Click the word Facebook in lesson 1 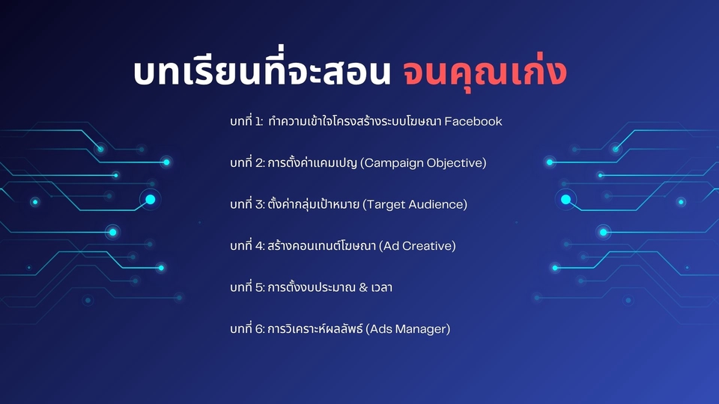click(x=473, y=121)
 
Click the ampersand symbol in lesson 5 click(x=363, y=287)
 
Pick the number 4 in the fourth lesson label click(x=260, y=246)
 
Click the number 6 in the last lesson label click(x=260, y=329)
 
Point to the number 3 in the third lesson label click(x=260, y=205)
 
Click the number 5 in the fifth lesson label click(x=260, y=287)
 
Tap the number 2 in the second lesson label click(x=260, y=163)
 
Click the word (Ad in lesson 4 click(x=389, y=246)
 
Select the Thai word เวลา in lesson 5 click(x=381, y=287)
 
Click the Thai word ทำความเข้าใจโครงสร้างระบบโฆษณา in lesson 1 click(x=355, y=121)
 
